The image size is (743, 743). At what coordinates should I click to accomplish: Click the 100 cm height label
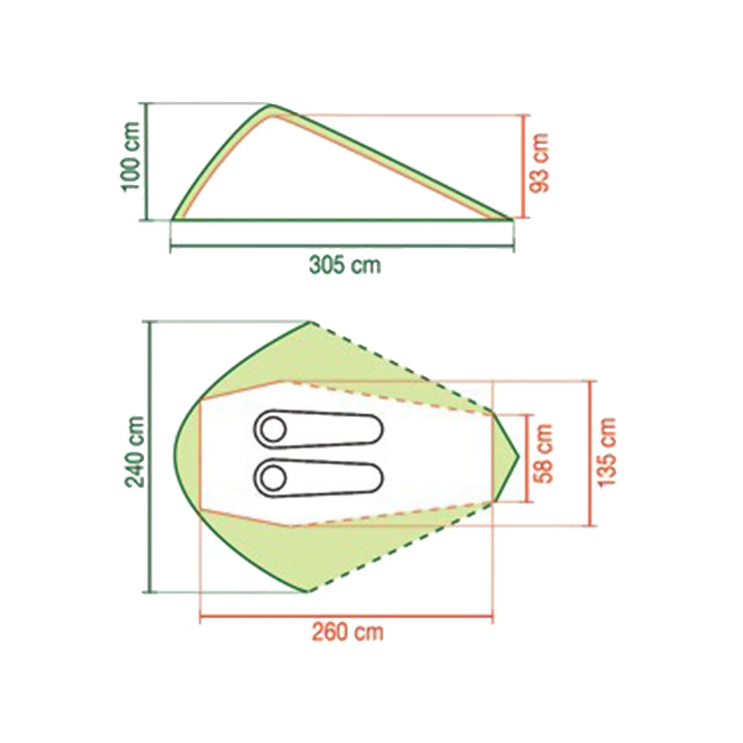[132, 157]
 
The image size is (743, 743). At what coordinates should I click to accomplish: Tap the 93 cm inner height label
[540, 163]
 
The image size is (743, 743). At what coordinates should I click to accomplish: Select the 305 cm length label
[345, 265]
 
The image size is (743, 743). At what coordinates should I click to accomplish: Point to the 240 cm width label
[134, 452]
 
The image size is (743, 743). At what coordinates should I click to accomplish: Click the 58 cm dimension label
[543, 453]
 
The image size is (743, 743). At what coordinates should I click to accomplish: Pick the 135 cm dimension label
[607, 452]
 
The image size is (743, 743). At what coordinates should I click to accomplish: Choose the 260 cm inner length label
[347, 632]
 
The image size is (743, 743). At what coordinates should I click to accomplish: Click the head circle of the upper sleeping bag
[273, 429]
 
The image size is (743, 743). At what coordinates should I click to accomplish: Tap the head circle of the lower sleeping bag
[273, 478]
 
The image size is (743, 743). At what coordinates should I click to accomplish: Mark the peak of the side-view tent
[270, 105]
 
